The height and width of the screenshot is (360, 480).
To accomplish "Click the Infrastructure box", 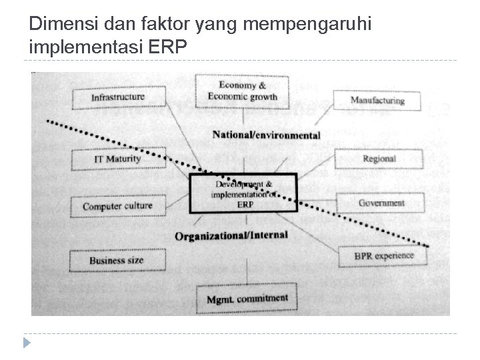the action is [118, 97].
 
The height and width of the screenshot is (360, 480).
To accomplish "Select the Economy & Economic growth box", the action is [243, 91].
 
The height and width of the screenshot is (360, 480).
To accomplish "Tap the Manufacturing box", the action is [378, 101].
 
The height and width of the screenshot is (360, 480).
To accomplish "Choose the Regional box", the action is [379, 159].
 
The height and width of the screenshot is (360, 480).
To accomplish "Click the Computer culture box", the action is [117, 206].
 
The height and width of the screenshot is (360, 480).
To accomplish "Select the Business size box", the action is [117, 260].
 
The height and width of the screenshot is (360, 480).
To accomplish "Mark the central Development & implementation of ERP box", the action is [243, 193].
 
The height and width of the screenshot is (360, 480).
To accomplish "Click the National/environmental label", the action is [266, 135].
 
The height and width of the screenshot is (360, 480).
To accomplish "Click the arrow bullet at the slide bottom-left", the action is [26, 344].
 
